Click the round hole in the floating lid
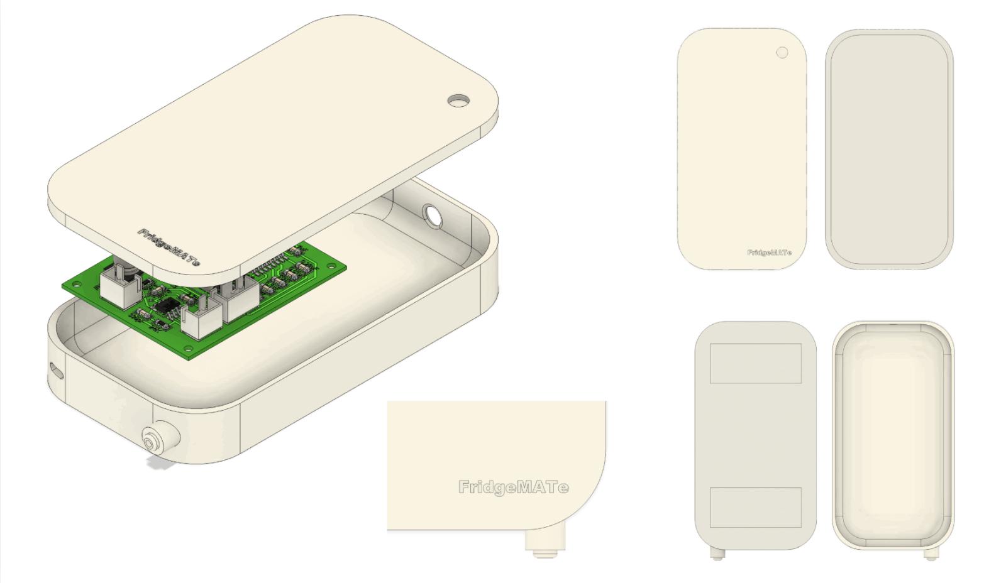(458, 101)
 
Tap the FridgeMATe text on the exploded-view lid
(169, 247)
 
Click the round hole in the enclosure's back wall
(433, 216)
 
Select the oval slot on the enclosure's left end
(56, 370)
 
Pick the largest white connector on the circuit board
(236, 298)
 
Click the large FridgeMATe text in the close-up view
(513, 487)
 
